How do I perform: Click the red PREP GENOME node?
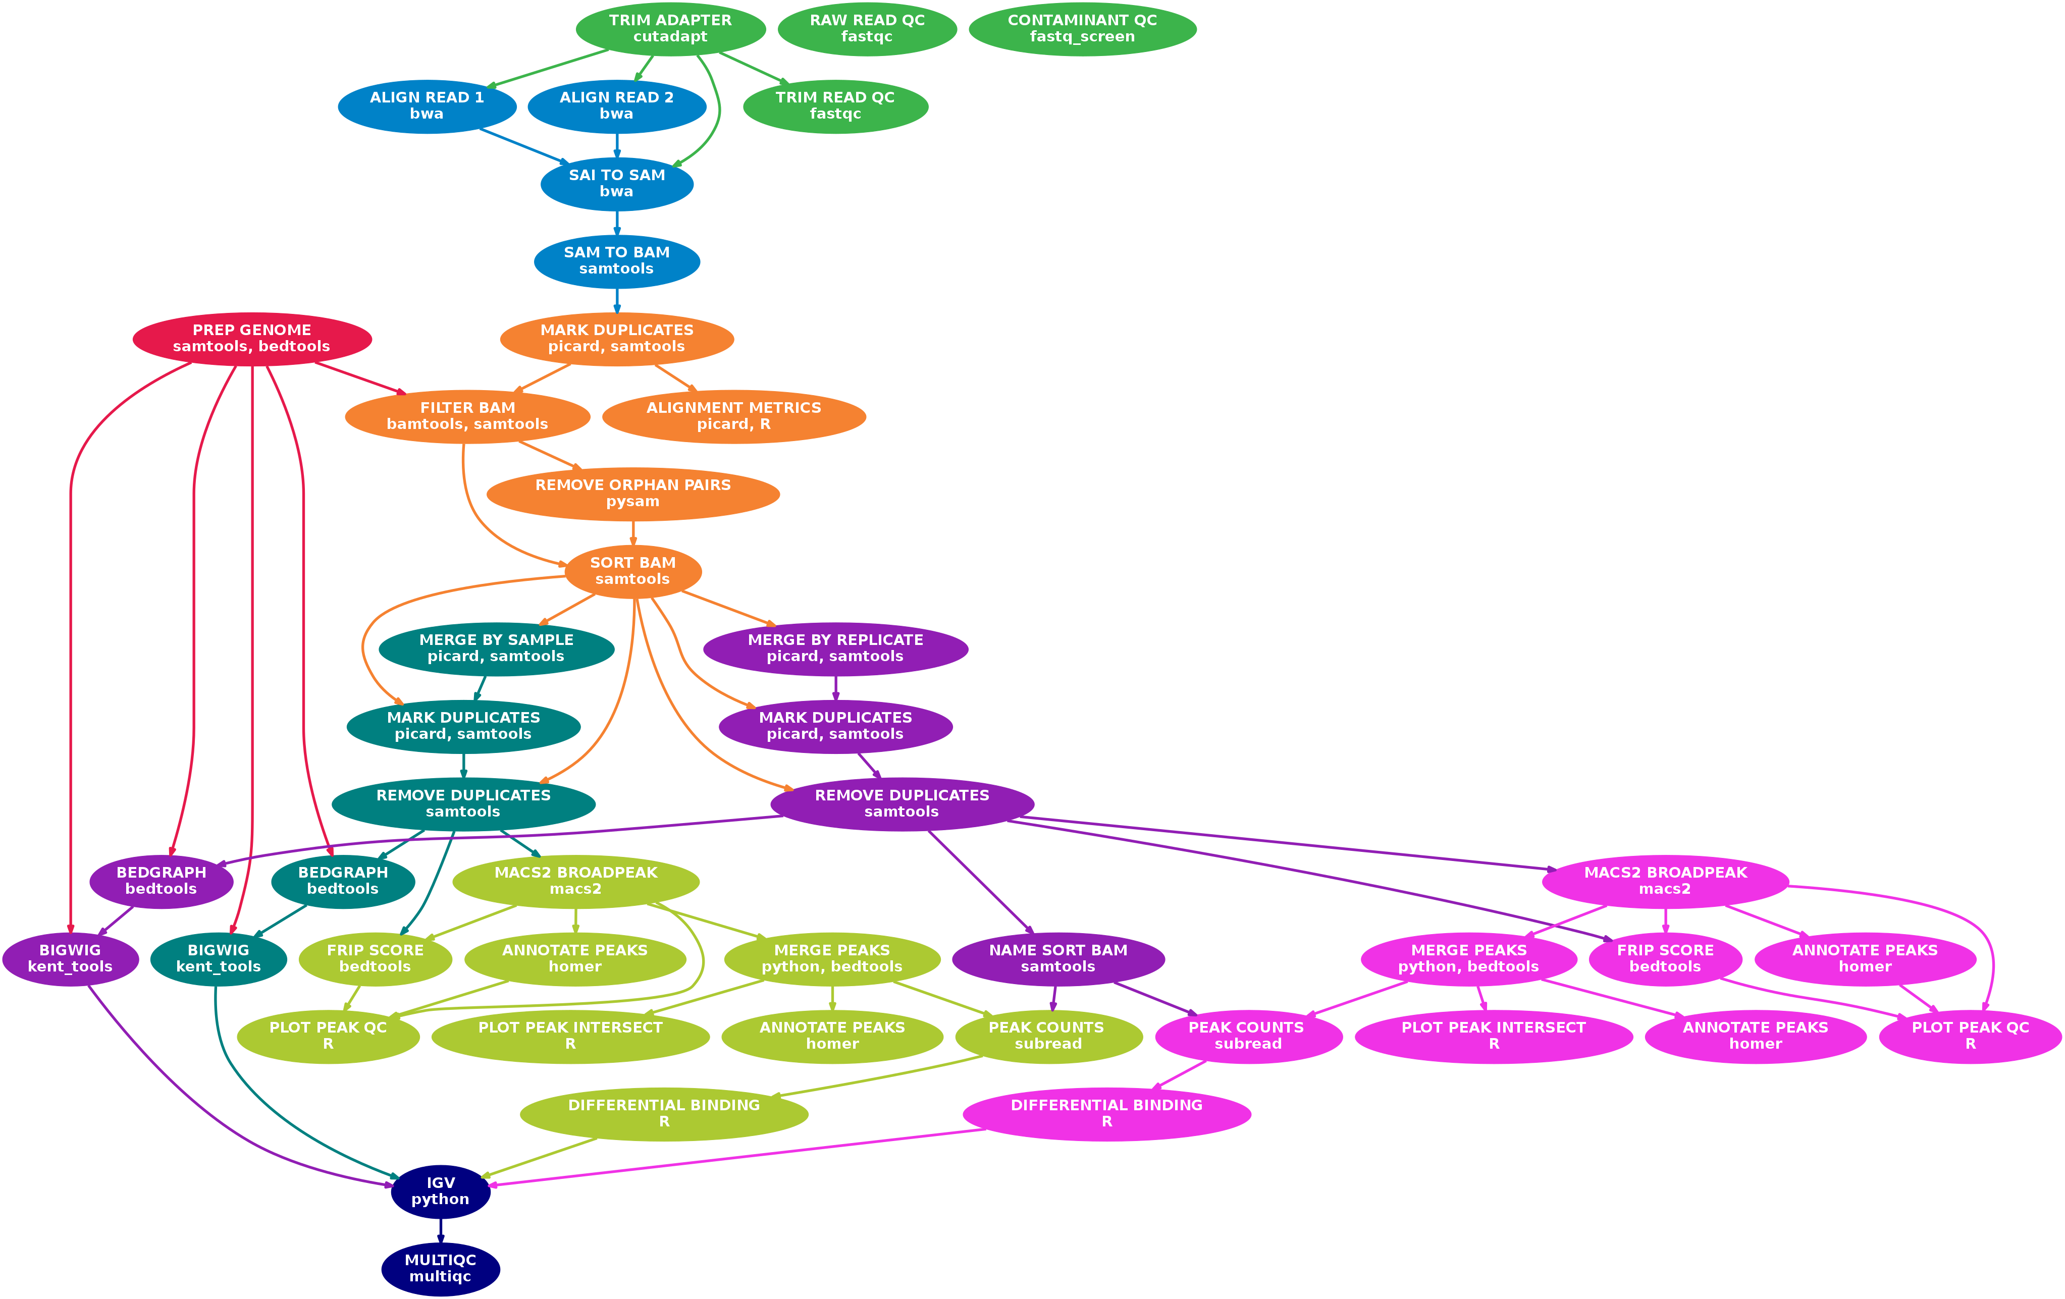click(x=251, y=338)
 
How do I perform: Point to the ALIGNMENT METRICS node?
click(x=733, y=416)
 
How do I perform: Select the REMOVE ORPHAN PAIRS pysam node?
click(x=633, y=493)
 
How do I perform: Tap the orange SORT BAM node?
click(x=633, y=570)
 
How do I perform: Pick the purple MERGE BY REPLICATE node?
click(x=835, y=648)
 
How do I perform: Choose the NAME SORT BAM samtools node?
click(x=1057, y=958)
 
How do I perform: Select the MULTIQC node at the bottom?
click(x=440, y=1268)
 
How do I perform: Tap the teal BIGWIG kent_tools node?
click(x=218, y=958)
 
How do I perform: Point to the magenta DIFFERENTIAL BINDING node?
click(x=1106, y=1113)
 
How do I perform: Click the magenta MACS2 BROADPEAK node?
click(x=1665, y=881)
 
